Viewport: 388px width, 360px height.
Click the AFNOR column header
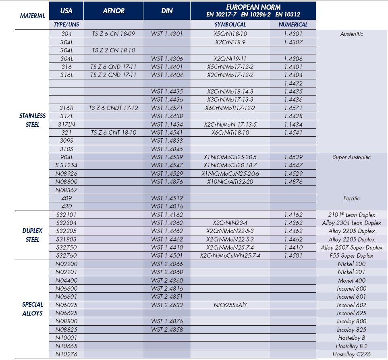(x=113, y=11)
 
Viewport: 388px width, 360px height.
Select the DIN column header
(x=167, y=11)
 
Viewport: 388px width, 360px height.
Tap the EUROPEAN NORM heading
(x=253, y=7)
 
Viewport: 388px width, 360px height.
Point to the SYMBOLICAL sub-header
(x=230, y=25)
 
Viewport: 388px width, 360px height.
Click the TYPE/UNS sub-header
(x=66, y=25)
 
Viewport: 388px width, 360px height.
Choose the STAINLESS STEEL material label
(x=33, y=120)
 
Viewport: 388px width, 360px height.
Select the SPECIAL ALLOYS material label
(x=33, y=309)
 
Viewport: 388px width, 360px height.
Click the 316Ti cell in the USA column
(x=66, y=108)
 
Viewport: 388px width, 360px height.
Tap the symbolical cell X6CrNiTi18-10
(x=230, y=133)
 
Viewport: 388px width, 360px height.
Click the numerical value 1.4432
(x=293, y=83)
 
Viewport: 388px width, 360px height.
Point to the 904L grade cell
(x=66, y=157)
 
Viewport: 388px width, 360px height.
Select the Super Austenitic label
(x=351, y=157)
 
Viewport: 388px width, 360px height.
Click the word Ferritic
(x=351, y=198)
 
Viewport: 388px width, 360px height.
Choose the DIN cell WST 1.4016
(x=167, y=206)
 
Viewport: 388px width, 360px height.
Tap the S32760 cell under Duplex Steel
(x=66, y=256)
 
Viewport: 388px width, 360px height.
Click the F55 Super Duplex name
(x=351, y=256)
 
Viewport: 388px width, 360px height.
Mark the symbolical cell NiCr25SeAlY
(x=230, y=305)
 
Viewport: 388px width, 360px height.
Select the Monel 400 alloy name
(x=351, y=281)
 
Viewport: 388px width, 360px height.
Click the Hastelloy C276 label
(x=351, y=354)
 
